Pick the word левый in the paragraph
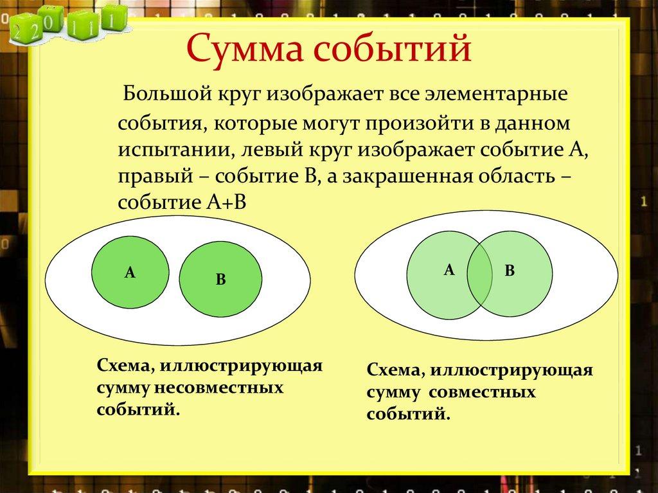click(x=269, y=150)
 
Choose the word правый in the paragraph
click(x=148, y=176)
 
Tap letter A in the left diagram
click(x=130, y=273)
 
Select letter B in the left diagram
click(x=220, y=280)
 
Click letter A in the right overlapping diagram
click(x=449, y=270)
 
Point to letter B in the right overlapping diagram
click(x=510, y=271)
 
